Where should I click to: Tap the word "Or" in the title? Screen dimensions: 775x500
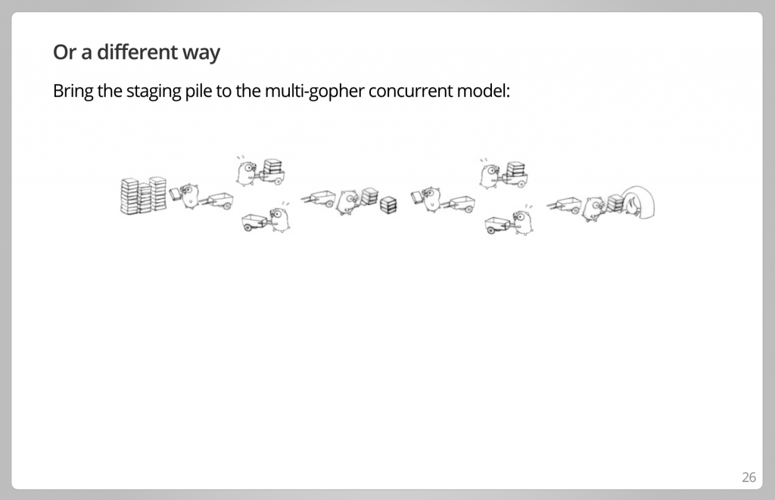64,52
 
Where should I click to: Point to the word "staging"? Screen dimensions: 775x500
154,92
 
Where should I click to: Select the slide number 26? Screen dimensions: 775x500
749,477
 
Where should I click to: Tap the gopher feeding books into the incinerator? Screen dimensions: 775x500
593,209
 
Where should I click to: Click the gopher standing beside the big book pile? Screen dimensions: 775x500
190,196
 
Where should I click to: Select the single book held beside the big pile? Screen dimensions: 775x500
176,194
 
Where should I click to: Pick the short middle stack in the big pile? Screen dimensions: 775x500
144,198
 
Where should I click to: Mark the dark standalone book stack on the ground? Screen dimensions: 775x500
388,205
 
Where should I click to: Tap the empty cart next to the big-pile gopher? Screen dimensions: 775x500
216,200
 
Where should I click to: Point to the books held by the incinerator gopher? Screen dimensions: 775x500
615,203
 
